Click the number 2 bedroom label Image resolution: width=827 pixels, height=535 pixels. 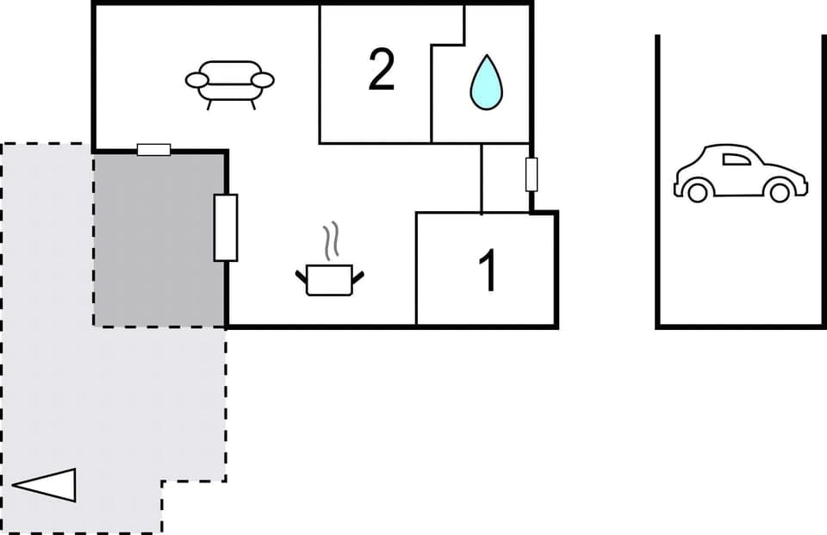click(x=382, y=71)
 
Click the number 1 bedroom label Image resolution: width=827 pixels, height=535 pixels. click(x=488, y=271)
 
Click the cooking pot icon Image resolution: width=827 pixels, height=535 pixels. click(x=329, y=278)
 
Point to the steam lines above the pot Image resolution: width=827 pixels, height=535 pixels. click(x=329, y=242)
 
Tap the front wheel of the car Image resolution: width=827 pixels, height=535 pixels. click(x=779, y=190)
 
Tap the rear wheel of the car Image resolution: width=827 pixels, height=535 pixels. click(x=697, y=190)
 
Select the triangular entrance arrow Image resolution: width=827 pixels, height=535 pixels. click(x=47, y=485)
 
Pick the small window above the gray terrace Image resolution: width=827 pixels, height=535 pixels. click(x=154, y=150)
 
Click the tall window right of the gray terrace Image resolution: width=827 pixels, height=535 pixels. click(x=225, y=227)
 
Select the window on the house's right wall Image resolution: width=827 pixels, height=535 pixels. click(x=532, y=175)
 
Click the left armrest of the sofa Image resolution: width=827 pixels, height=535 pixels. click(x=197, y=81)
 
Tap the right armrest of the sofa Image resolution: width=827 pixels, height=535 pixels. click(x=263, y=81)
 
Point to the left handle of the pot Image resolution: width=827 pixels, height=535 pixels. click(x=301, y=277)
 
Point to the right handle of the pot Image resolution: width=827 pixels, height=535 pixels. click(x=358, y=277)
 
